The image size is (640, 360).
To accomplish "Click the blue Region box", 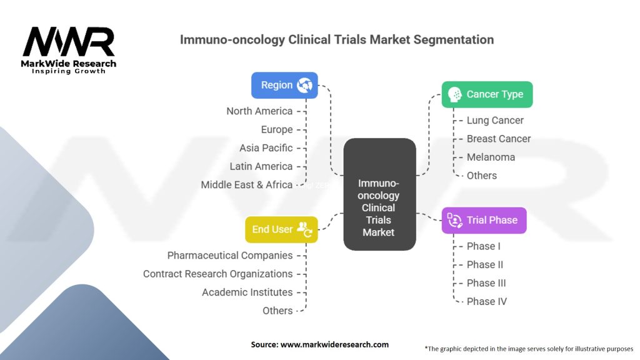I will tap(284, 85).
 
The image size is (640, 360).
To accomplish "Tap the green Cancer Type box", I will tap(487, 94).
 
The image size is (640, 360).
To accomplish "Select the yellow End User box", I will tap(281, 229).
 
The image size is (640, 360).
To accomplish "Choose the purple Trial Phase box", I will tap(484, 220).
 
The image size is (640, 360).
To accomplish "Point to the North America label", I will tap(259, 111).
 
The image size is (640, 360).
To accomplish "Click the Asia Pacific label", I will tap(266, 148).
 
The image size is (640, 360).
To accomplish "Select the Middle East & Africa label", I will tap(246, 185).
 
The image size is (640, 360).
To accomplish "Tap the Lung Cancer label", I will tap(495, 121).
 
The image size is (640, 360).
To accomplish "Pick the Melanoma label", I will tap(491, 157).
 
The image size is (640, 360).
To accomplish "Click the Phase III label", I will tap(486, 283).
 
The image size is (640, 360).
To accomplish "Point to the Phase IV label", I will tap(486, 301).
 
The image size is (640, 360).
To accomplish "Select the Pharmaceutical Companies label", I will tap(230, 256).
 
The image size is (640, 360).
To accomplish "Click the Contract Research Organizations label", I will tap(217, 274).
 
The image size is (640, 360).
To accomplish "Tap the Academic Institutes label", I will tap(247, 292).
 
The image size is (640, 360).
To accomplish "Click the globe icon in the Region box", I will tap(305, 85).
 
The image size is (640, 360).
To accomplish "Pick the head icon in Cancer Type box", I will tap(455, 94).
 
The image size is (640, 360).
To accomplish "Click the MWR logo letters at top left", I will tap(69, 42).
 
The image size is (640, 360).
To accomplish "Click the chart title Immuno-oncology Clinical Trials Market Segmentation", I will tap(337, 39).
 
